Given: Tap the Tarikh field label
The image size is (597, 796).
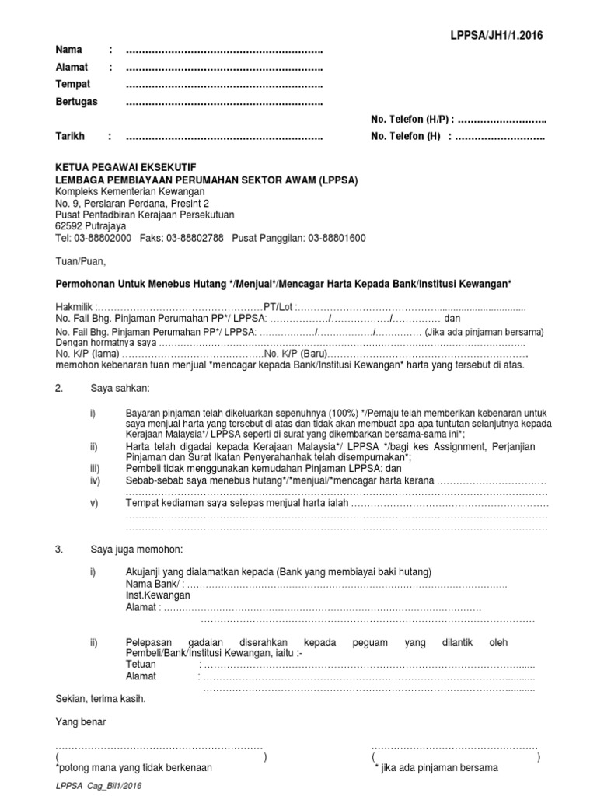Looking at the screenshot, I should pyautogui.click(x=70, y=137).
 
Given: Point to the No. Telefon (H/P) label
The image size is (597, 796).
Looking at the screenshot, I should pyautogui.click(x=410, y=120).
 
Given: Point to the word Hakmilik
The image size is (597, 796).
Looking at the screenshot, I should pyautogui.click(x=75, y=307).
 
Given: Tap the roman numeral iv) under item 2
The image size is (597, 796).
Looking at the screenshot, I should pyautogui.click(x=94, y=482).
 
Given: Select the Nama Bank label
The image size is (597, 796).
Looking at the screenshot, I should pyautogui.click(x=153, y=585).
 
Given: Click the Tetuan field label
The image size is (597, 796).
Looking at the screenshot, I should pyautogui.click(x=141, y=665).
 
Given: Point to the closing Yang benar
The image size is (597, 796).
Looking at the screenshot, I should pyautogui.click(x=80, y=722).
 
